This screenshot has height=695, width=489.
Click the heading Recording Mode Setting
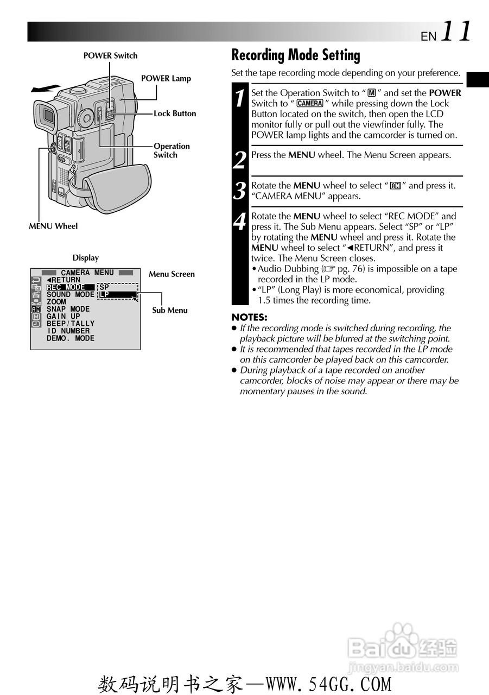pyautogui.click(x=295, y=55)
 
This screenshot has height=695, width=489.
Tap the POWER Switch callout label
pyautogui.click(x=110, y=55)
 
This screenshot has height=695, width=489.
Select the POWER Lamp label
pyautogui.click(x=166, y=78)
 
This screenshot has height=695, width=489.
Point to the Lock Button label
pyautogui.click(x=175, y=113)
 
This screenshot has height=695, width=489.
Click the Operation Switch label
pyautogui.click(x=172, y=150)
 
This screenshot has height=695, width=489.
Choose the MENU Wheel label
pyautogui.click(x=53, y=226)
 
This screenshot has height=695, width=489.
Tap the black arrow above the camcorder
pyautogui.click(x=45, y=89)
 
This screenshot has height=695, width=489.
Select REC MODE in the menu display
pyautogui.click(x=66, y=287)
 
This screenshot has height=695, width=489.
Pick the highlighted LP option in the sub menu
pyautogui.click(x=117, y=295)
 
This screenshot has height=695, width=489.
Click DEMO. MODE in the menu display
pyautogui.click(x=71, y=338)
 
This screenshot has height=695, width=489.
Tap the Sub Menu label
pyautogui.click(x=169, y=311)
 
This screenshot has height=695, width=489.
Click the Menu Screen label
pyautogui.click(x=172, y=274)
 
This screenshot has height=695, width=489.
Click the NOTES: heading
pyautogui.click(x=249, y=317)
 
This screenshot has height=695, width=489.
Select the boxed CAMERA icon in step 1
pyautogui.click(x=310, y=103)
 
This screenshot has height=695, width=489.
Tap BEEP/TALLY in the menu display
pyautogui.click(x=71, y=324)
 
